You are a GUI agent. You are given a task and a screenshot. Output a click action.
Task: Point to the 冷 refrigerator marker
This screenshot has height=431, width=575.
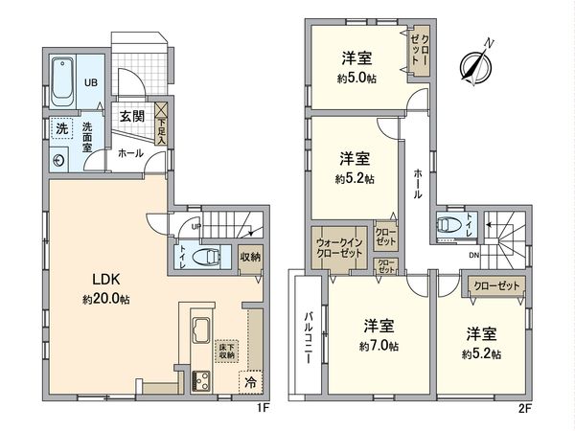(251, 381)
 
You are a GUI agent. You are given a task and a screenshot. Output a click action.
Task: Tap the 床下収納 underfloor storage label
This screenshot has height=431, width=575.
(227, 352)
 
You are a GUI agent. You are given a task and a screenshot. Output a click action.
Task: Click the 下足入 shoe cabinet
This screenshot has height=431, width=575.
(162, 122)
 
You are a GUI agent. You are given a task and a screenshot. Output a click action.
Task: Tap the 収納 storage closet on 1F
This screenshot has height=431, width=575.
(250, 257)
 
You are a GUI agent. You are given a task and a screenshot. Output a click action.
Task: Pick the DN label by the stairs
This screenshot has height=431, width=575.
(473, 256)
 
